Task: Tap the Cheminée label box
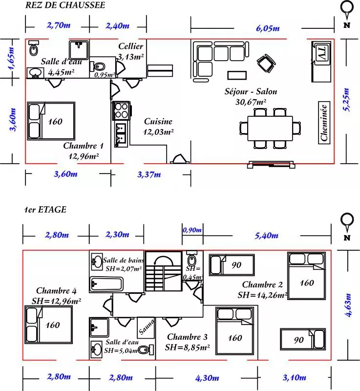click(x=324, y=123)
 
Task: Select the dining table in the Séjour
click(x=270, y=129)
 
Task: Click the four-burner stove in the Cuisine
click(x=121, y=110)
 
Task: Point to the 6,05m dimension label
click(x=268, y=28)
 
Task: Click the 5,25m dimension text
click(x=346, y=99)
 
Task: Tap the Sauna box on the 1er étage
click(x=146, y=327)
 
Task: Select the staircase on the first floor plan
click(x=164, y=271)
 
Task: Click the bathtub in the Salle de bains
click(x=106, y=284)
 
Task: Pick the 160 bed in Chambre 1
click(x=51, y=121)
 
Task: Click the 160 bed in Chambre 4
click(x=48, y=325)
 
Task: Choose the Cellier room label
click(x=131, y=46)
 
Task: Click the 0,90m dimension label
click(x=192, y=230)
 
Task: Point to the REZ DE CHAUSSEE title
click(x=65, y=5)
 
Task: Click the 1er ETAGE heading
click(x=45, y=210)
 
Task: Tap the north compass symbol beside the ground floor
click(x=347, y=14)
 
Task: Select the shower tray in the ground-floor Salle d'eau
click(x=79, y=50)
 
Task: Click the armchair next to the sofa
click(x=266, y=64)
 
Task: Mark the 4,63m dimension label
click(x=348, y=305)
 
